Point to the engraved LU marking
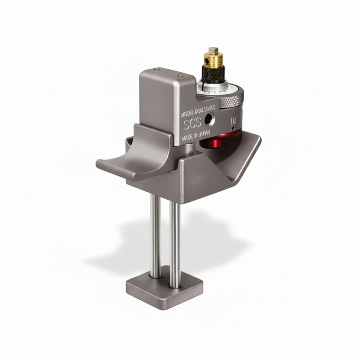232,122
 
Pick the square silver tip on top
212,50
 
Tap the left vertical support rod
155,236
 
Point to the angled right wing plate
243,155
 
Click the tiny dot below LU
233,129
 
